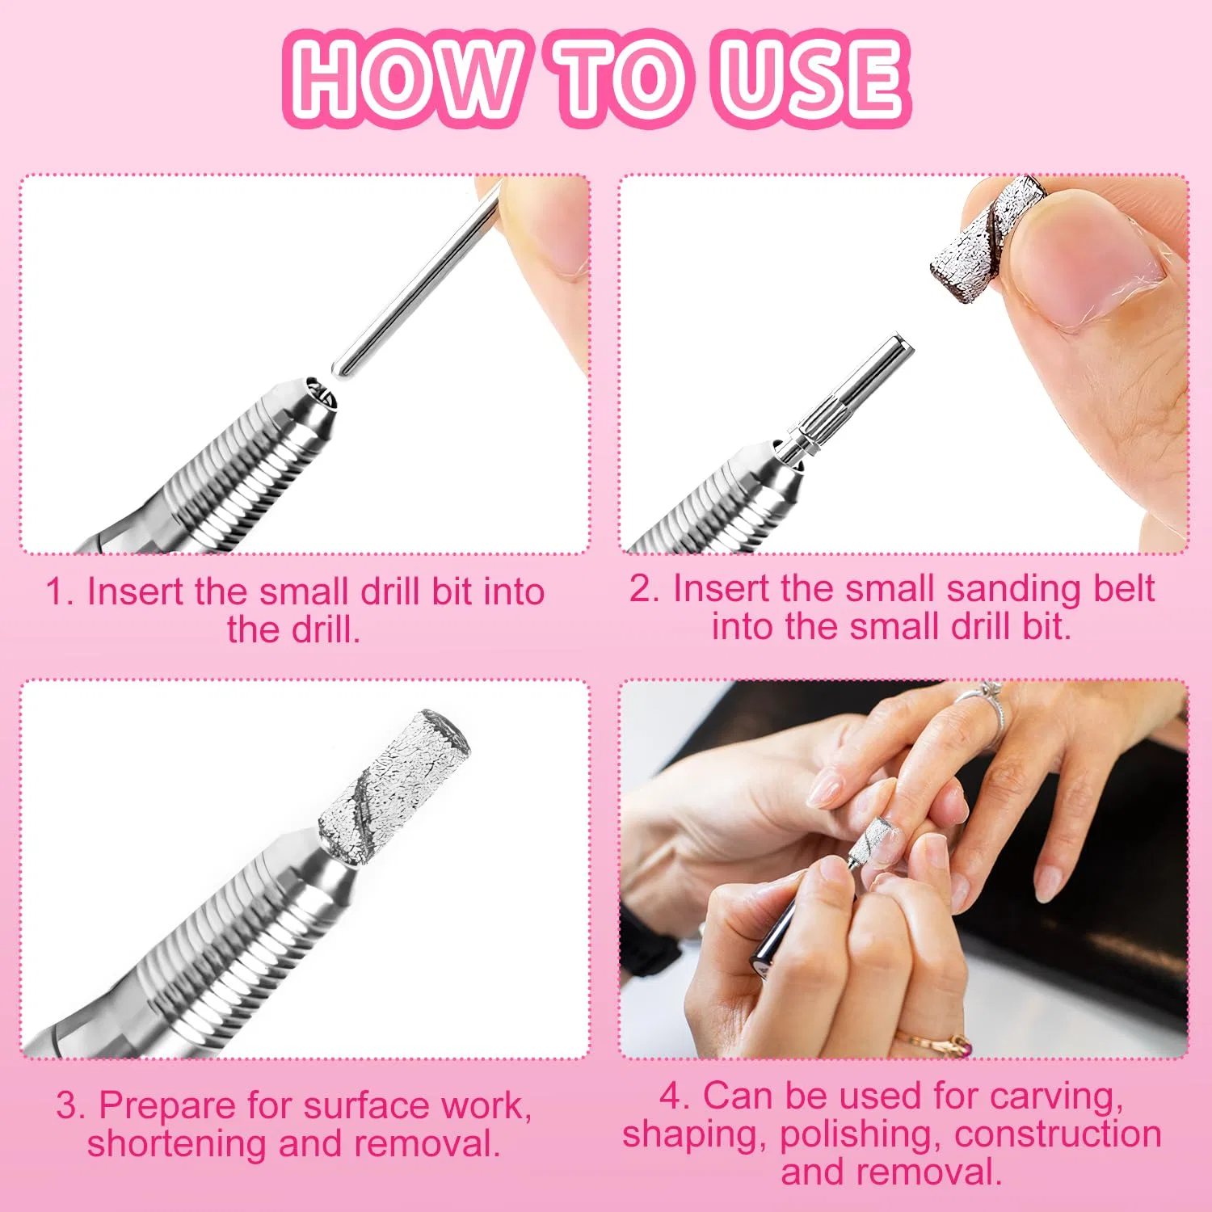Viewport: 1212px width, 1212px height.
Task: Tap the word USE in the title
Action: point(811,78)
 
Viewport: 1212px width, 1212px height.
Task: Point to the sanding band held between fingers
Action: point(987,239)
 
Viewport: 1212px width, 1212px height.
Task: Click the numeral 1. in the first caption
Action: point(60,591)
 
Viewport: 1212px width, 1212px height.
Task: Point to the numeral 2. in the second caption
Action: point(646,588)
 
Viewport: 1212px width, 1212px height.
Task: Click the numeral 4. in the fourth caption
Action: point(675,1096)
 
